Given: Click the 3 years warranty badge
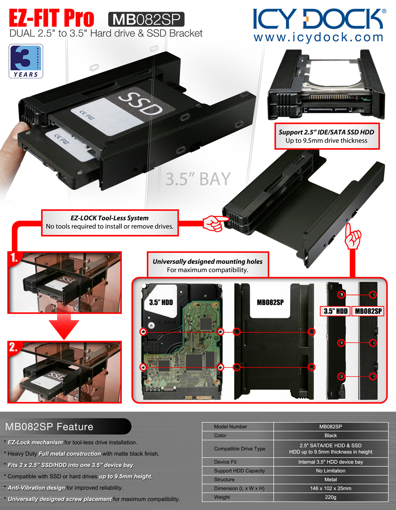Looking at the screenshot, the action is click(x=26, y=61).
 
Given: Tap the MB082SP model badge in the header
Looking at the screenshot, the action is click(x=146, y=19).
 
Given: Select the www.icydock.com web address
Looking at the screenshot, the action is click(x=318, y=37).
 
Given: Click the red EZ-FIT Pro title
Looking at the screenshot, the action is click(x=51, y=18).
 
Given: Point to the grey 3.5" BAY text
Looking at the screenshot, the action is click(x=198, y=179).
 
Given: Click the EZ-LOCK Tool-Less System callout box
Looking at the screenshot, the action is click(x=110, y=223).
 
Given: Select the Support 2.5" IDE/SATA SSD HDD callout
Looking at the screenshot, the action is click(x=327, y=136).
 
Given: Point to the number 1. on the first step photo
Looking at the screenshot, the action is click(x=14, y=258).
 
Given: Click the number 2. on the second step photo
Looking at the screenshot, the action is click(x=14, y=347).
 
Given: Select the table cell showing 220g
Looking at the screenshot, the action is click(x=330, y=497).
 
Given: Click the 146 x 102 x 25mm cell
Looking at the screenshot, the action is click(x=330, y=488).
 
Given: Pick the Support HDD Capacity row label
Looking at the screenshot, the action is click(x=239, y=470).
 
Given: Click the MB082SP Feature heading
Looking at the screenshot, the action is click(x=49, y=427).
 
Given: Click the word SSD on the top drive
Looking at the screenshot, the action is click(x=141, y=104).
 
